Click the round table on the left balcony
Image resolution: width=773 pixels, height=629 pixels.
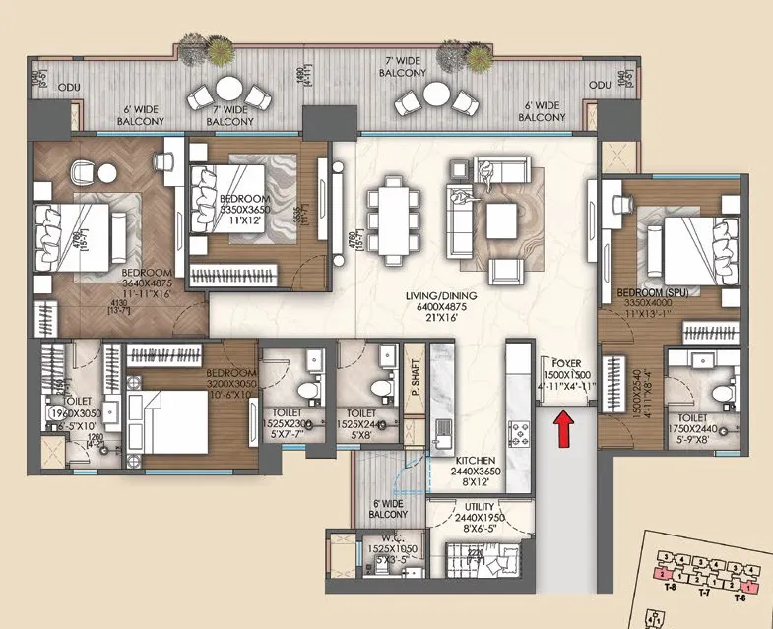229,89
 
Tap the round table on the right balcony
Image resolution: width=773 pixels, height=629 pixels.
436,93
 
